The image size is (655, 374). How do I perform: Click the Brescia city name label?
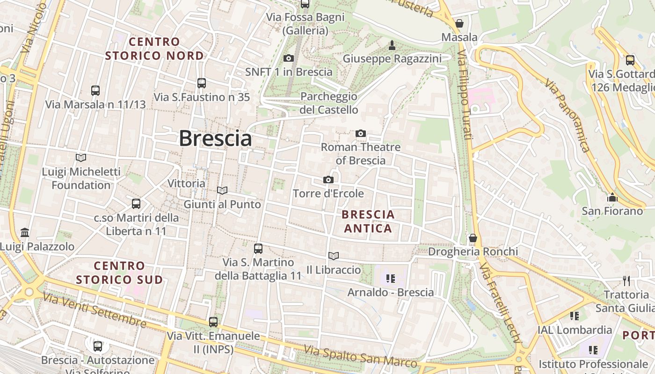coord(215,138)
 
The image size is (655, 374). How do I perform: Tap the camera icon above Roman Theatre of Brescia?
coord(360,134)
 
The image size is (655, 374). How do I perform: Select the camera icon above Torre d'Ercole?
coord(328,180)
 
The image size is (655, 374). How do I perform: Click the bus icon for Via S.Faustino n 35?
coord(202,83)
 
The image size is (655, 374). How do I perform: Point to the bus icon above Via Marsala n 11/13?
coord(95,91)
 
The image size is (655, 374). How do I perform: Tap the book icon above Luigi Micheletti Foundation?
coord(81,158)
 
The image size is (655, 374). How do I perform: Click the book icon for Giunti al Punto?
coord(222,190)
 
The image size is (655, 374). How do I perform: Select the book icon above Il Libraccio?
coord(334,256)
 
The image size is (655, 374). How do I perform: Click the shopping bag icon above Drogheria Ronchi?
coord(473,238)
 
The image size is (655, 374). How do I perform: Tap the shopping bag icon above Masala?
coord(459,23)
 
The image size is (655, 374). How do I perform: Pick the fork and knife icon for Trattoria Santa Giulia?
coord(626,280)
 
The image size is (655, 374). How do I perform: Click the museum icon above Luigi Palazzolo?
coord(25,232)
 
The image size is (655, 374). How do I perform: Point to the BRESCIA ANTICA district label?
coord(368,222)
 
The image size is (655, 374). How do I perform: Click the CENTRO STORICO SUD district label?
coord(119,273)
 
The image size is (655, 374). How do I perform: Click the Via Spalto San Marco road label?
coord(360,356)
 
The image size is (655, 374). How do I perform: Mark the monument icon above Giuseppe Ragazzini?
coord(392,45)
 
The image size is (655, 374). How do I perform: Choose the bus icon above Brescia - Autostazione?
coord(97,346)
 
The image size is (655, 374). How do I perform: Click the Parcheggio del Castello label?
coord(329,103)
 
